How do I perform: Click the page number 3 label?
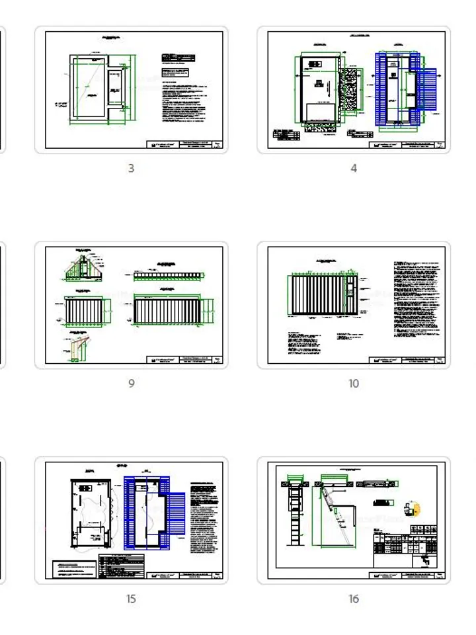click(131, 169)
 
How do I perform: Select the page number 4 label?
click(354, 169)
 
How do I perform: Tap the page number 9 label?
click(131, 384)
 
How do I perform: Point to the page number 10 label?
click(354, 384)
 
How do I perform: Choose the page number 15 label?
click(131, 599)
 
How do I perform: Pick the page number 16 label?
click(354, 599)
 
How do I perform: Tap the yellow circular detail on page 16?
click(415, 509)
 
